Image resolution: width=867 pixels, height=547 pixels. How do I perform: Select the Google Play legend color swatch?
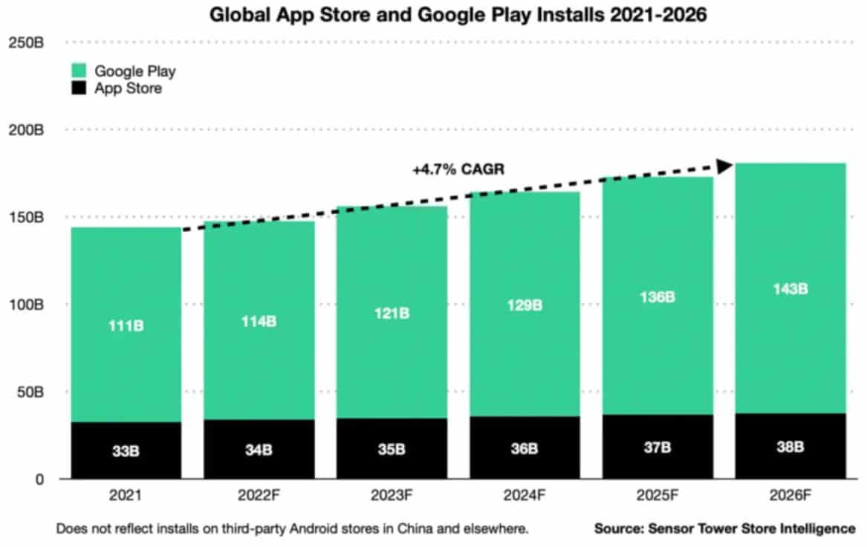coord(81,71)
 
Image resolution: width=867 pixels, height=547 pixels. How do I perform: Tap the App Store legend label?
coord(128,89)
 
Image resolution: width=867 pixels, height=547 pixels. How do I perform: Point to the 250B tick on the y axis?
coord(26,43)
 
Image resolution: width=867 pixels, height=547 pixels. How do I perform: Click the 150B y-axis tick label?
coord(26,218)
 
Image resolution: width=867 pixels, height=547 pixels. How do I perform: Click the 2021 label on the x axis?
coord(126,493)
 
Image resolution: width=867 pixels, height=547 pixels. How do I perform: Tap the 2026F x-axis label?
coord(790,493)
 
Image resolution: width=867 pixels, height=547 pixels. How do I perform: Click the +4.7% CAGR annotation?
coord(458,169)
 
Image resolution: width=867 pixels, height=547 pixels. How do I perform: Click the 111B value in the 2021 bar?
coord(126,326)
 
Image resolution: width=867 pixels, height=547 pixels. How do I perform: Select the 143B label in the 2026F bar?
coord(790,289)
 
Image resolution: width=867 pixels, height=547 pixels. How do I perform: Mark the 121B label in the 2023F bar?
coord(392,313)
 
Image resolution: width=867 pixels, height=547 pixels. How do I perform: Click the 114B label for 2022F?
coord(259,322)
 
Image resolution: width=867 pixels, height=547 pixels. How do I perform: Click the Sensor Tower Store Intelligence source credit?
coord(724,529)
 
